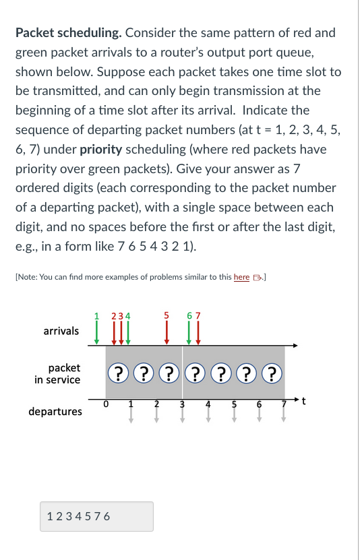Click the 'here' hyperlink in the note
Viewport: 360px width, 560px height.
241,278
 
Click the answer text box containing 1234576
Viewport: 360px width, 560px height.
96,516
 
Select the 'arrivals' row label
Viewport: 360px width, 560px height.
61,331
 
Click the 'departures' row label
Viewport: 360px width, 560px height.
55,411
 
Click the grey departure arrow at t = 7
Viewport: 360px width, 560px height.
284,415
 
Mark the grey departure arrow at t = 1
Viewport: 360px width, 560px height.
131,415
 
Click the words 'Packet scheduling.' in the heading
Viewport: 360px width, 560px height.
69,32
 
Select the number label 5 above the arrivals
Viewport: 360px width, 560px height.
166,314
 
